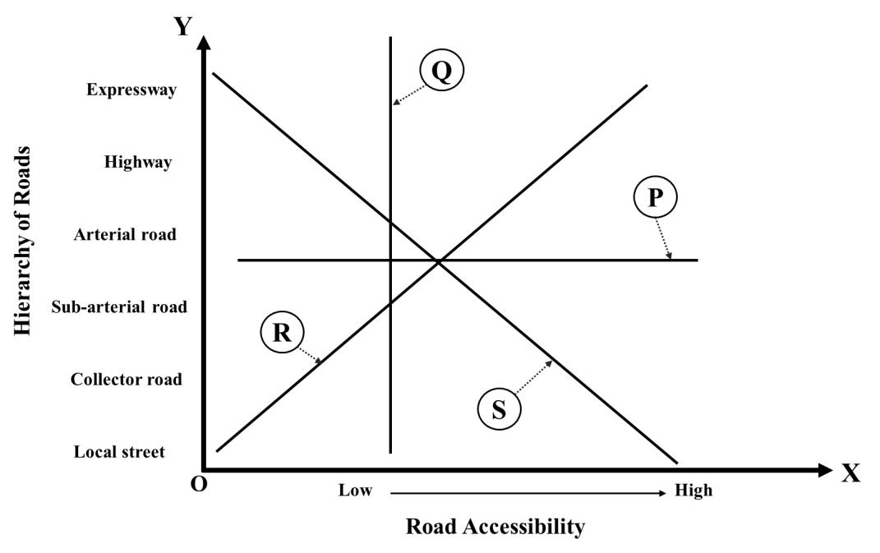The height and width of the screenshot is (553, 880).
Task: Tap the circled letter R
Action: coord(282,334)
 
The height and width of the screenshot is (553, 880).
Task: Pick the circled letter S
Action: coord(499,408)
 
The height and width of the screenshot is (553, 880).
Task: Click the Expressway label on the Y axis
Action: coord(131,90)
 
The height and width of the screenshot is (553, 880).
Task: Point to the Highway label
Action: coord(138,163)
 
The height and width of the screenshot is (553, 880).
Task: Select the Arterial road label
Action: coord(125,235)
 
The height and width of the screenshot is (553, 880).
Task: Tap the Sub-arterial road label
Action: coord(119,307)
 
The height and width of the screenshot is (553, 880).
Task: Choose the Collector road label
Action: coord(126,380)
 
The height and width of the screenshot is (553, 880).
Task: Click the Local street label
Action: coord(119,452)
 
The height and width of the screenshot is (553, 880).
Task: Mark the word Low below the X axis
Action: coord(355,491)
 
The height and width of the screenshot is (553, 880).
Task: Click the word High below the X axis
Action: coord(693,491)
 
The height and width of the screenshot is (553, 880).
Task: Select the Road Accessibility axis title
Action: coord(495,527)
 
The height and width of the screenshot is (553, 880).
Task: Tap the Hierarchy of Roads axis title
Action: coord(24,242)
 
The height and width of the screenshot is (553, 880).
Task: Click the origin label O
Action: coord(199,484)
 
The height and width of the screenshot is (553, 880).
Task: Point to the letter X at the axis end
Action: coord(851,474)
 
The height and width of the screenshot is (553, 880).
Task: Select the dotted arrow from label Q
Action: coord(408,91)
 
